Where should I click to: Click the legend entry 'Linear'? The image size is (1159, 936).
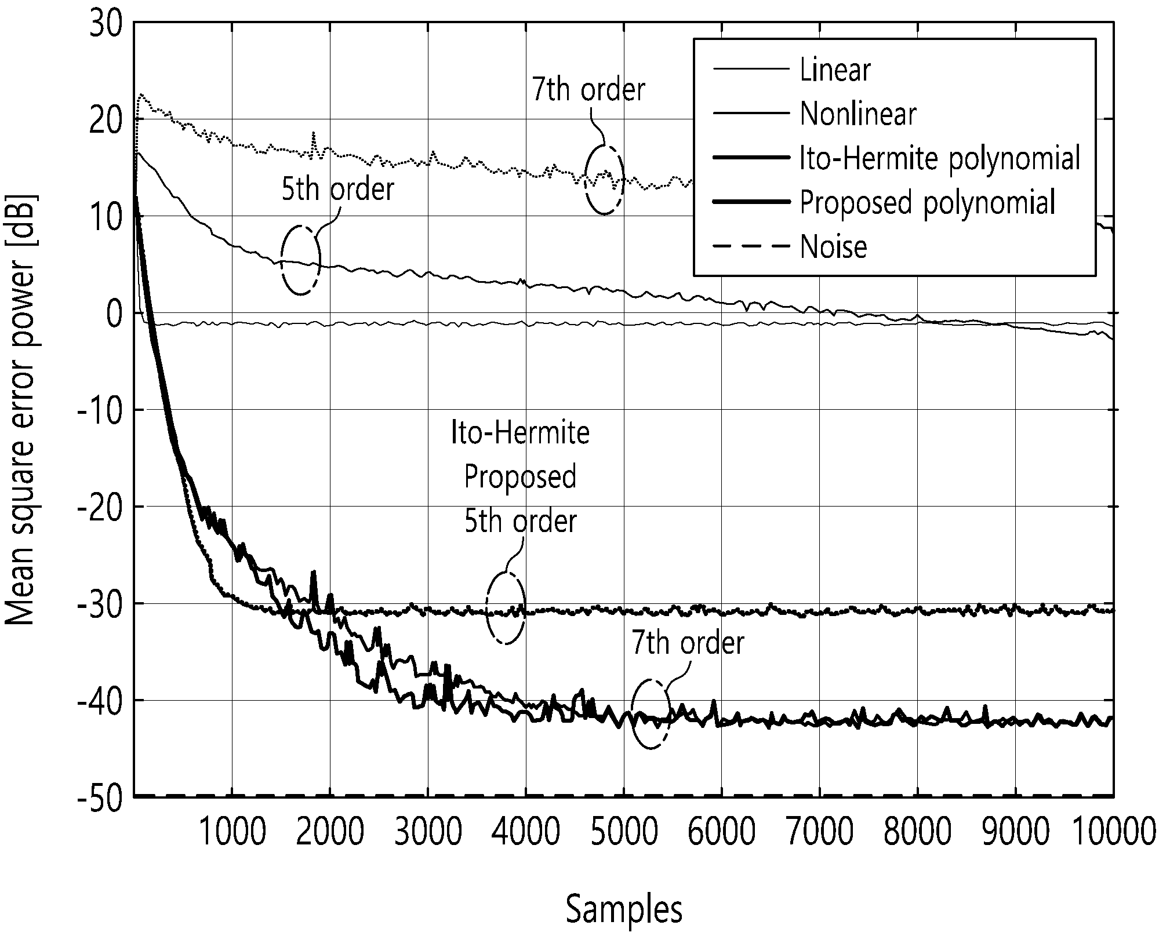(x=835, y=70)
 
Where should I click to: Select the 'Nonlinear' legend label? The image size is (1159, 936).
(x=858, y=114)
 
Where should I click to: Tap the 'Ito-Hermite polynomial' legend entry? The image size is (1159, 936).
(x=940, y=158)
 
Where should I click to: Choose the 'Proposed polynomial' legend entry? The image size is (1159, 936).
(x=927, y=203)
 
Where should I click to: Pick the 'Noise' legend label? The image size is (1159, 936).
(x=833, y=247)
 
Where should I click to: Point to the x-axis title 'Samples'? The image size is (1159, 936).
(x=624, y=910)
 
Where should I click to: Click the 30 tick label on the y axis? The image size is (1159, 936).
(x=106, y=23)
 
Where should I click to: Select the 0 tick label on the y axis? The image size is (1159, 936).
(x=115, y=314)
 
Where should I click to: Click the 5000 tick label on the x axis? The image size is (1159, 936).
(x=623, y=832)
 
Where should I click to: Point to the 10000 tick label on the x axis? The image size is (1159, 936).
(x=1113, y=832)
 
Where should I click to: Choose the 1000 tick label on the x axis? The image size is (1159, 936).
(x=232, y=832)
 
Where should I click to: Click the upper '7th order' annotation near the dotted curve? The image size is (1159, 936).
(x=588, y=90)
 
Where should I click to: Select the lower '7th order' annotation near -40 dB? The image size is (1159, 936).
(x=688, y=643)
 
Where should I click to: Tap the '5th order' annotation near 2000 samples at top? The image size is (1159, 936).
(x=338, y=190)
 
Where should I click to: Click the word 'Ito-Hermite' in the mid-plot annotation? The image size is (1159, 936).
(x=520, y=433)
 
